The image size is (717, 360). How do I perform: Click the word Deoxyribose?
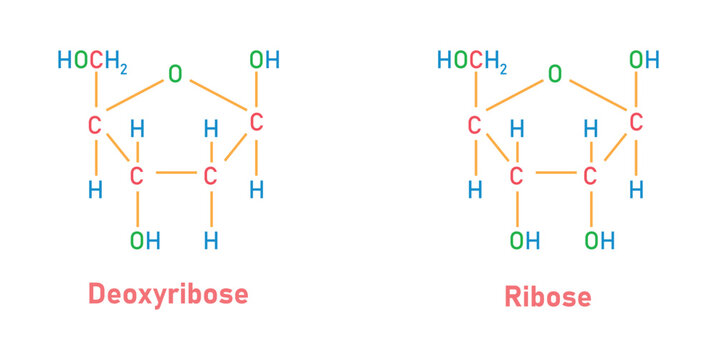[168, 293]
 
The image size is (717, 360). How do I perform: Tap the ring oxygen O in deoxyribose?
[175, 74]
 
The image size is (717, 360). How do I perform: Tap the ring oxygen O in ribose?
[555, 74]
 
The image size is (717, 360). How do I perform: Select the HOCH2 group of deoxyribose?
[92, 61]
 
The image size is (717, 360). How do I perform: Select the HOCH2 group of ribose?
[471, 61]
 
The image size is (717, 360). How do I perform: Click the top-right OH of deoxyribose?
[265, 60]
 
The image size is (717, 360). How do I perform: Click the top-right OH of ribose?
[644, 60]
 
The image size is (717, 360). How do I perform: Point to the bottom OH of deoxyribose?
[144, 240]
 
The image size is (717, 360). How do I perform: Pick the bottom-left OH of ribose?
[524, 240]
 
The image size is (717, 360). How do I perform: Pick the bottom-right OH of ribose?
[599, 240]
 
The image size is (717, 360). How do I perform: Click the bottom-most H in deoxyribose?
[210, 240]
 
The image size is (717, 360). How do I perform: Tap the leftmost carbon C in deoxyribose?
[96, 125]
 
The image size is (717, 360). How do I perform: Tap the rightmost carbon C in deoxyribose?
[256, 123]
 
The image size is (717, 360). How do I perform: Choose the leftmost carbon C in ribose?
[475, 125]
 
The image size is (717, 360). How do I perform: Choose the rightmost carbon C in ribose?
[635, 123]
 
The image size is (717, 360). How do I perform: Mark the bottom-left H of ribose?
[475, 188]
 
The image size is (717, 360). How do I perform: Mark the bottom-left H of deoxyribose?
[96, 188]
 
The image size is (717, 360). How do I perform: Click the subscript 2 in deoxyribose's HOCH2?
[123, 67]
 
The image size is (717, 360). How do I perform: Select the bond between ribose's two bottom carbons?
[553, 172]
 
